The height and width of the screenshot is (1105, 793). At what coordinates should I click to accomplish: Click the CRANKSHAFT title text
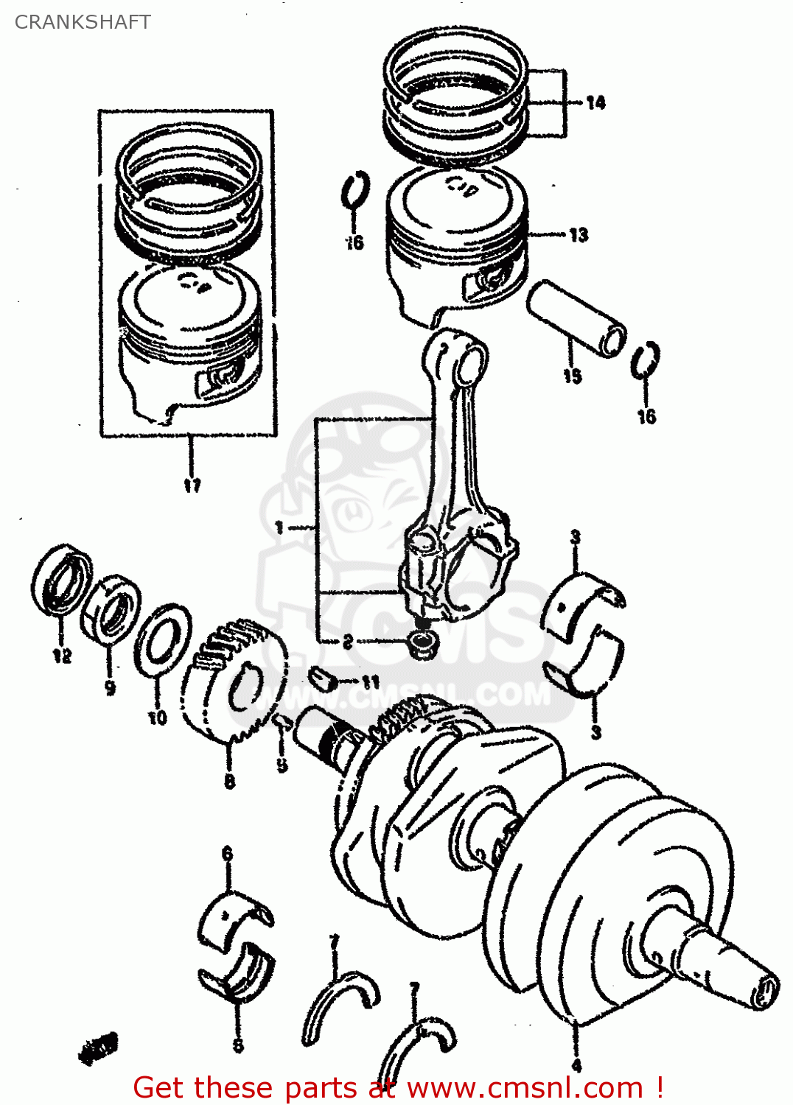pos(83,22)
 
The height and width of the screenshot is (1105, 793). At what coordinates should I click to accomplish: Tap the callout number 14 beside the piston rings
pos(595,103)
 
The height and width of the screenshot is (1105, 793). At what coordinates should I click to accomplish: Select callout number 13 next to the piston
pos(579,235)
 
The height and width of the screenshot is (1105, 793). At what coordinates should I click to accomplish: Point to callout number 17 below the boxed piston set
pos(192,485)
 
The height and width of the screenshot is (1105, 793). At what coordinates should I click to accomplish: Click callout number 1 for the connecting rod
pos(279,527)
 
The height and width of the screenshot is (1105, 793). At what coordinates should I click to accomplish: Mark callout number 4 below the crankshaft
pos(576,1065)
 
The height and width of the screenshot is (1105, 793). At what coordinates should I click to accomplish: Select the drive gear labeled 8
pos(234,681)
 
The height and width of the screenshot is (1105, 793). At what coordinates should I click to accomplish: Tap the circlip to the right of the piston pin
pos(646,362)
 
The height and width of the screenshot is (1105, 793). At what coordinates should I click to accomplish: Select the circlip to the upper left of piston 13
pos(356,190)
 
